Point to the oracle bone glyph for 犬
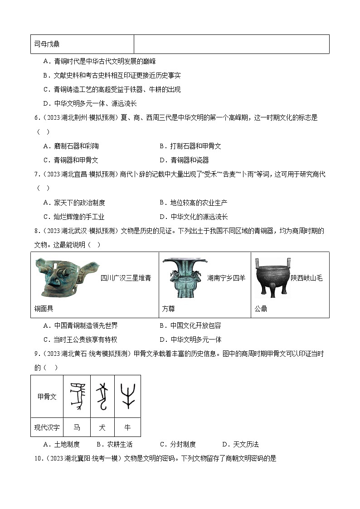point(102,396)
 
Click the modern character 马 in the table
point(77,427)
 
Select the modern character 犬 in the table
point(102,427)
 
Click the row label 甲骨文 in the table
point(47,397)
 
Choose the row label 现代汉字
point(47,427)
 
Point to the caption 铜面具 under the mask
point(44,309)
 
